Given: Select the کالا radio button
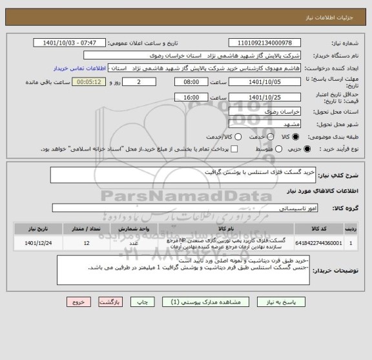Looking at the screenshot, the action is pos(296,137).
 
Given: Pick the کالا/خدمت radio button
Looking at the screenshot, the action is pos(220,137).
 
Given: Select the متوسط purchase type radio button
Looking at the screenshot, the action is pos(263,149).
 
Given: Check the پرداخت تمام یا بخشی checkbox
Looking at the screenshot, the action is pos(234,149).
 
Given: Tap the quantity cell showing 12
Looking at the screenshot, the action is pos(87,242).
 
